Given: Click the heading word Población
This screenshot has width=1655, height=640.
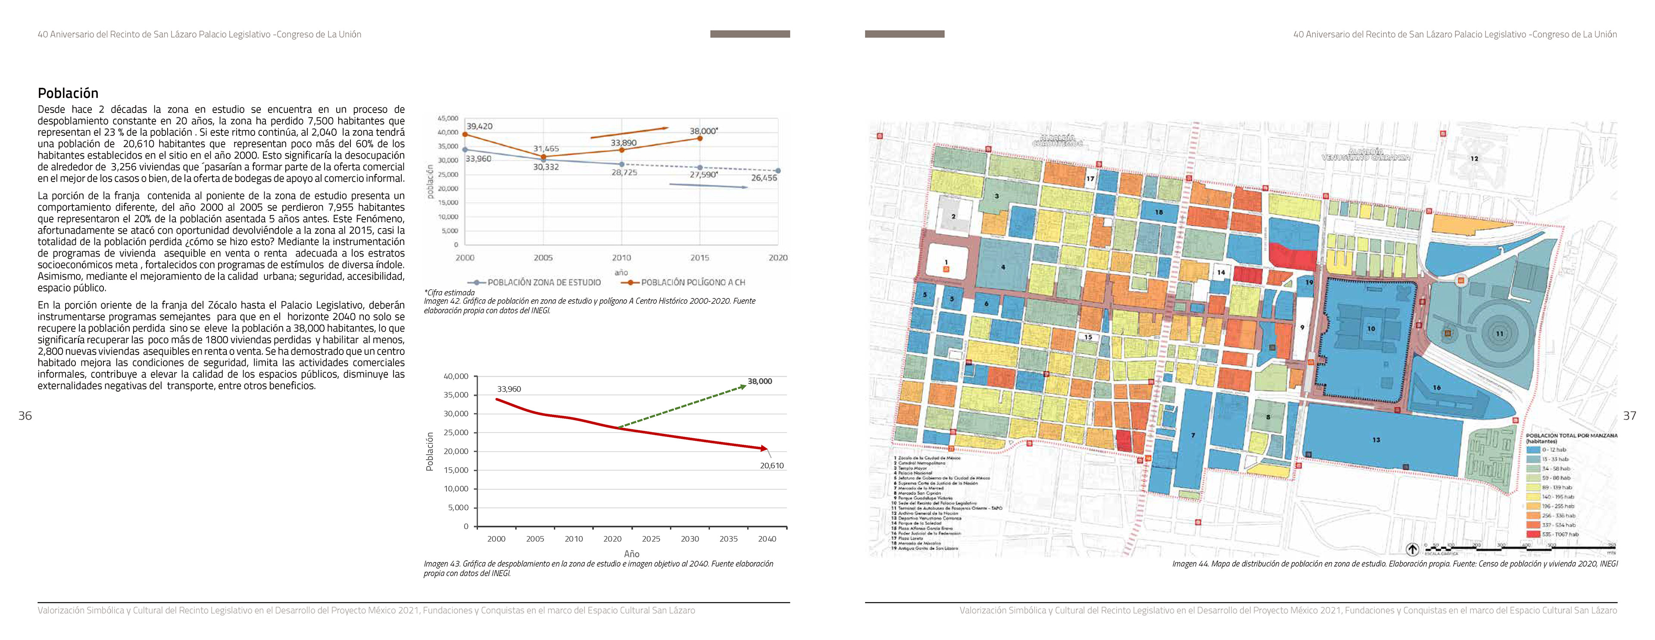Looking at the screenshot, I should [68, 93].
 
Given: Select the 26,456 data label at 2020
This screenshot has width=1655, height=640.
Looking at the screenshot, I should [764, 178].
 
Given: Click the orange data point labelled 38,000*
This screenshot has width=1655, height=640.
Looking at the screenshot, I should [699, 138].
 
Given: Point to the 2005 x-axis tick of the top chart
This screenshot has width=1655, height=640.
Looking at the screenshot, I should [543, 257].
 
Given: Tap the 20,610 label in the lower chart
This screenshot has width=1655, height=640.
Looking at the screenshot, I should [771, 465].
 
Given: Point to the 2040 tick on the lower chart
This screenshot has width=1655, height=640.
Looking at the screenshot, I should [767, 539].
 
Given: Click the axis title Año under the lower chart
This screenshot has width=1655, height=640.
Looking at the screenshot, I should [631, 553].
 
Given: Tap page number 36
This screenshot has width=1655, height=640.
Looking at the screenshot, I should [25, 416].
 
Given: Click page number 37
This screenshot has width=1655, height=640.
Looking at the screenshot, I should [1629, 416].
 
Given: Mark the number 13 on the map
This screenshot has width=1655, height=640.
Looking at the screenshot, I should [1376, 440].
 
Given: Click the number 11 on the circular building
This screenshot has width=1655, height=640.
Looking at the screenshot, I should [1499, 333].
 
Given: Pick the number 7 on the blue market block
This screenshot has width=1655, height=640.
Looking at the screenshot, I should [1193, 436].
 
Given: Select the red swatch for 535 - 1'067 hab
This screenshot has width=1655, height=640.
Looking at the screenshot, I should [1533, 534].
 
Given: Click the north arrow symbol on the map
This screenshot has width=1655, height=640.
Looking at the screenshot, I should [1412, 549].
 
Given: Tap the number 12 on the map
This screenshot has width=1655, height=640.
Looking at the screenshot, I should [1474, 159].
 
